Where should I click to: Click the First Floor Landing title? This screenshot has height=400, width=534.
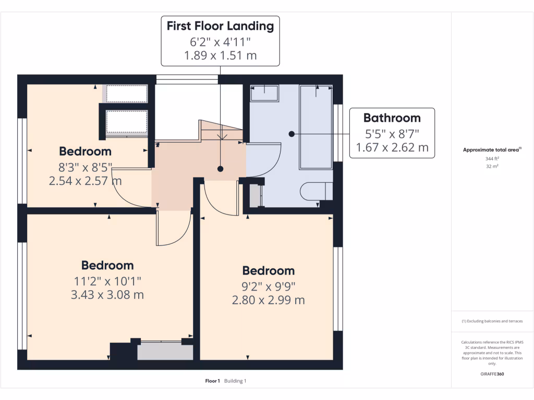pos(220,26)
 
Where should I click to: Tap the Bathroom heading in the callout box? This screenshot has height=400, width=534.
pos(392,118)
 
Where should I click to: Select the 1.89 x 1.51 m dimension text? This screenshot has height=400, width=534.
pos(221,55)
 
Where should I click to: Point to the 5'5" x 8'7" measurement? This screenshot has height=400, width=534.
pos(392,134)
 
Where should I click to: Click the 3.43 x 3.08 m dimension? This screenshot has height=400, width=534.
pos(107,295)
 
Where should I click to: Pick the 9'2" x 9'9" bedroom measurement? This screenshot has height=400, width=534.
pos(269,287)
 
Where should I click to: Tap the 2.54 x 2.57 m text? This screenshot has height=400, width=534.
pos(85,181)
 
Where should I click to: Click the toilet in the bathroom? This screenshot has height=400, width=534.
pos(316,192)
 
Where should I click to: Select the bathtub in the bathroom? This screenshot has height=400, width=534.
pos(315,127)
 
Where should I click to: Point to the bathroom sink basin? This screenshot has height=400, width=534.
pos(264,93)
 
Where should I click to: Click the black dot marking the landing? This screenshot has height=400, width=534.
pos(221,169)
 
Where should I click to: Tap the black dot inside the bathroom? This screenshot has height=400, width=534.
pos(292,134)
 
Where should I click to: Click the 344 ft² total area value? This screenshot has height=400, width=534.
pos(492,158)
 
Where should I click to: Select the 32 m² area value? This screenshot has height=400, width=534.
pos(492,166)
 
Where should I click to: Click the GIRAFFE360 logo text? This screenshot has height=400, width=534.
pos(492,374)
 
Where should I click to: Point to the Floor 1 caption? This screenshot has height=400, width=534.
pos(213,381)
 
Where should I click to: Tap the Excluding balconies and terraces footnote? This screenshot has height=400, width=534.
pos(492,321)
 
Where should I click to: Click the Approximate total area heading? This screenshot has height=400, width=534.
pos(492,149)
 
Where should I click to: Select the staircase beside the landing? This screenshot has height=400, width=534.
pos(221,131)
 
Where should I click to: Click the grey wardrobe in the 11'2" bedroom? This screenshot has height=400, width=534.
pos(165,351)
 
